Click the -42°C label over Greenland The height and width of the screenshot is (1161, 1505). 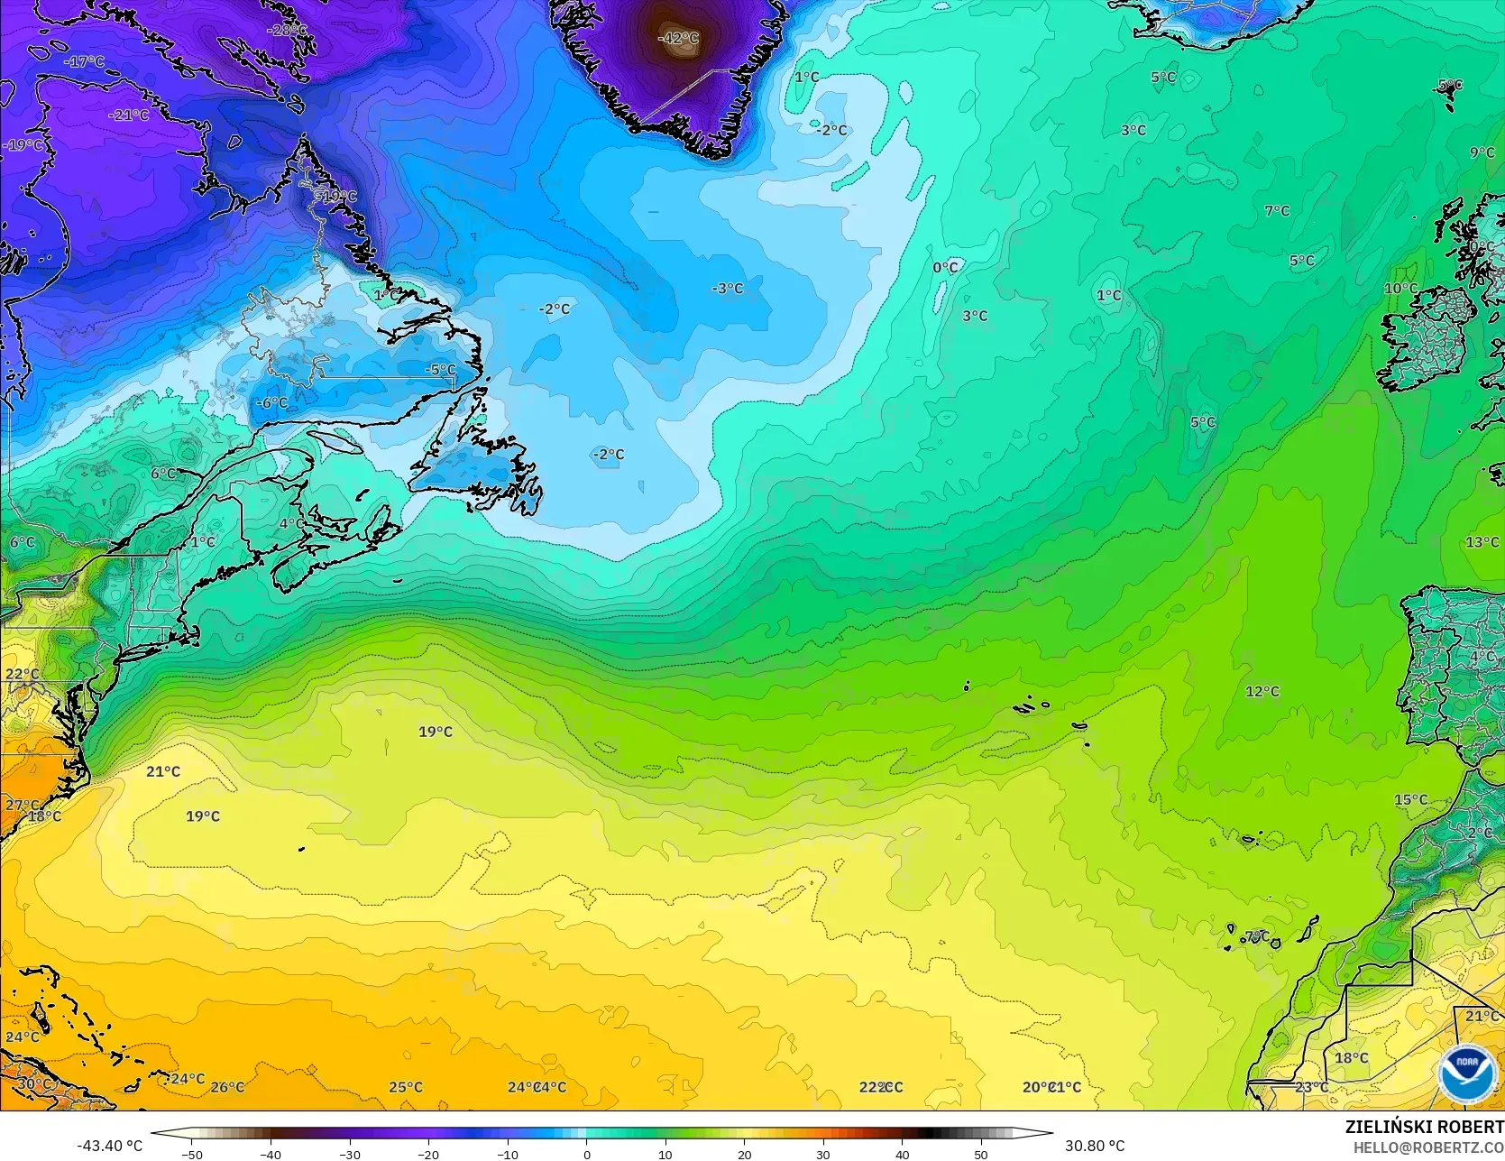coord(678,38)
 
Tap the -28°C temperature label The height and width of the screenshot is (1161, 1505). coord(287,30)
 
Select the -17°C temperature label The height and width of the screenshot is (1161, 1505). coord(85,62)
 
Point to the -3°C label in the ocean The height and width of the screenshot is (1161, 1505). coord(727,289)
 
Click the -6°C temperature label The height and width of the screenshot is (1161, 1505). coord(271,402)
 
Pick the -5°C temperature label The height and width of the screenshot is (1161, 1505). coord(441,370)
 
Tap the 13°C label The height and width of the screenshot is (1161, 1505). coord(1482,542)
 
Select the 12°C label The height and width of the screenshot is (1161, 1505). coord(1262,692)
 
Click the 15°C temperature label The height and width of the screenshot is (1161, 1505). coord(1410,800)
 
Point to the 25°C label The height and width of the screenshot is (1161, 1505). coord(405,1087)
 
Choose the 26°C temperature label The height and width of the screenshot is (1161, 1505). coord(227,1087)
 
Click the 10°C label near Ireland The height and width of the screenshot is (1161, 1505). coord(1400,289)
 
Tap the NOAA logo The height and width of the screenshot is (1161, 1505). coord(1466,1073)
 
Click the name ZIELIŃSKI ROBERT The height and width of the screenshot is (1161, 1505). coord(1424,1127)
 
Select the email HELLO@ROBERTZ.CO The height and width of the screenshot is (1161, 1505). coord(1428,1146)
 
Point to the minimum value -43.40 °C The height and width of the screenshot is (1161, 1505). coord(109,1146)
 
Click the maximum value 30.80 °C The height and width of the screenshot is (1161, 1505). coord(1095,1146)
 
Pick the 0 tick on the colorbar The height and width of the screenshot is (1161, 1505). coord(586,1154)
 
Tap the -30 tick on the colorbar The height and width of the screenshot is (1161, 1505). coord(350,1154)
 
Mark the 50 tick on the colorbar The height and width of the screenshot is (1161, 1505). coord(980,1154)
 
